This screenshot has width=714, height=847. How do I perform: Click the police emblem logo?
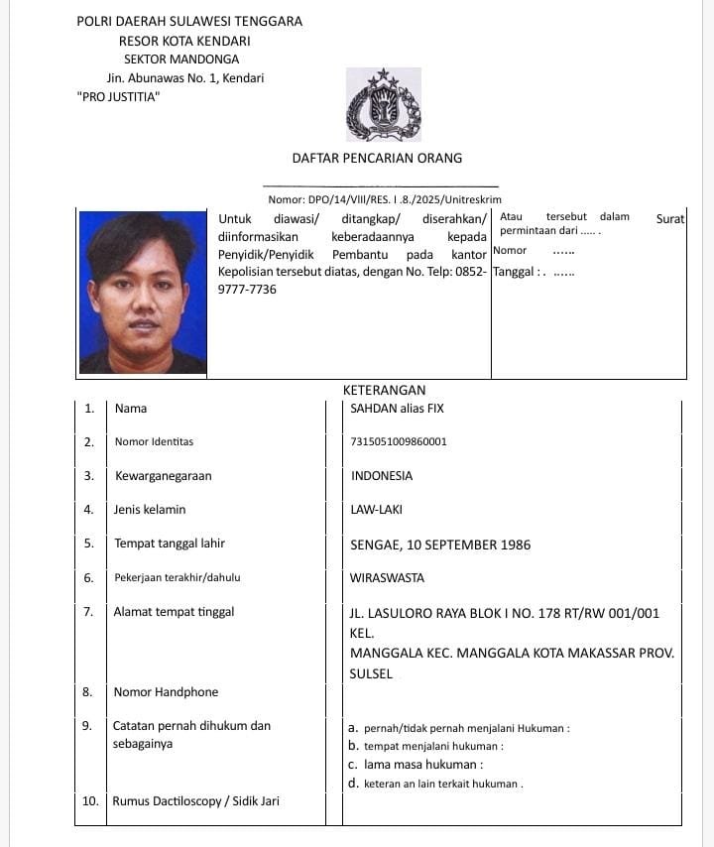tap(384, 105)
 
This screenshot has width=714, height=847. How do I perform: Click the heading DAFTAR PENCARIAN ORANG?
tap(377, 158)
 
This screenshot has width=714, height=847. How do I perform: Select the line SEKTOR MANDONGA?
tap(181, 60)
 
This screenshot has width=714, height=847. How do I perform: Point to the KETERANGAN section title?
tap(384, 391)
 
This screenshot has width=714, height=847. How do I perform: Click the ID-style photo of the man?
tap(143, 293)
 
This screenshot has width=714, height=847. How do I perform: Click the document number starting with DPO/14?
tap(385, 199)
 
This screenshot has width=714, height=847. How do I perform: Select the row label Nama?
tap(131, 409)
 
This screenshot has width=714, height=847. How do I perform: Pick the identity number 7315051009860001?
tap(399, 441)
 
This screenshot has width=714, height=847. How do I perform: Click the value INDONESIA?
tap(382, 476)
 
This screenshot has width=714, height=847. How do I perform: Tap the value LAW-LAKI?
tap(377, 510)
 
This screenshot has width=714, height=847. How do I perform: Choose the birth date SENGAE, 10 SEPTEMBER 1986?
tap(440, 544)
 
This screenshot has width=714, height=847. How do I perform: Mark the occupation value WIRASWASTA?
tap(387, 577)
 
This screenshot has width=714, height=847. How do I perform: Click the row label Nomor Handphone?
tap(166, 692)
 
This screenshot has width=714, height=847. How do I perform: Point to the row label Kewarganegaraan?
tap(163, 476)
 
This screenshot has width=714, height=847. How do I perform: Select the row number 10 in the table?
tap(89, 801)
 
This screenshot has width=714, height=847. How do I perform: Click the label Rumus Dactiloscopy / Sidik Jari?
tap(195, 801)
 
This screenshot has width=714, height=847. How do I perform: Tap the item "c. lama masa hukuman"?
tap(416, 765)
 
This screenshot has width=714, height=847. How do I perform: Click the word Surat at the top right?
tap(670, 218)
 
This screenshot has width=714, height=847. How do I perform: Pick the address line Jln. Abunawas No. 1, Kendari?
tap(185, 77)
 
